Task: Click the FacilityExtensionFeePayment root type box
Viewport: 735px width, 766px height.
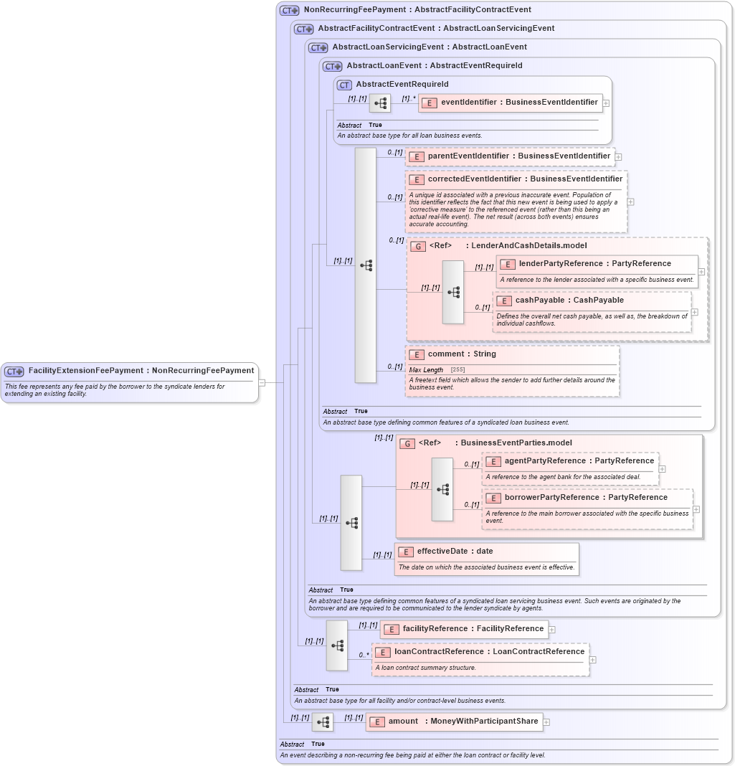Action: (130, 371)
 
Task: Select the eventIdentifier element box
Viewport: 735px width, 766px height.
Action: (511, 103)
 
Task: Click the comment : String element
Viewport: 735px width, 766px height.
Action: (462, 354)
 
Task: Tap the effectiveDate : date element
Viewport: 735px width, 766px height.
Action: (455, 552)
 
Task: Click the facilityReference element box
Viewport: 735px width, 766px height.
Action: (464, 629)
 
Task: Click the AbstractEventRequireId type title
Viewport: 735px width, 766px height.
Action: (402, 85)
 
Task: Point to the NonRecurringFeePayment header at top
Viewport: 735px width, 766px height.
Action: (417, 10)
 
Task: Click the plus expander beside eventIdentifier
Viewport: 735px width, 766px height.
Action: (606, 103)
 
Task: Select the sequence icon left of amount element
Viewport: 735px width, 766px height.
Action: (323, 722)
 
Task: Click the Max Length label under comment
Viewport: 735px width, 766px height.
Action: (426, 370)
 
